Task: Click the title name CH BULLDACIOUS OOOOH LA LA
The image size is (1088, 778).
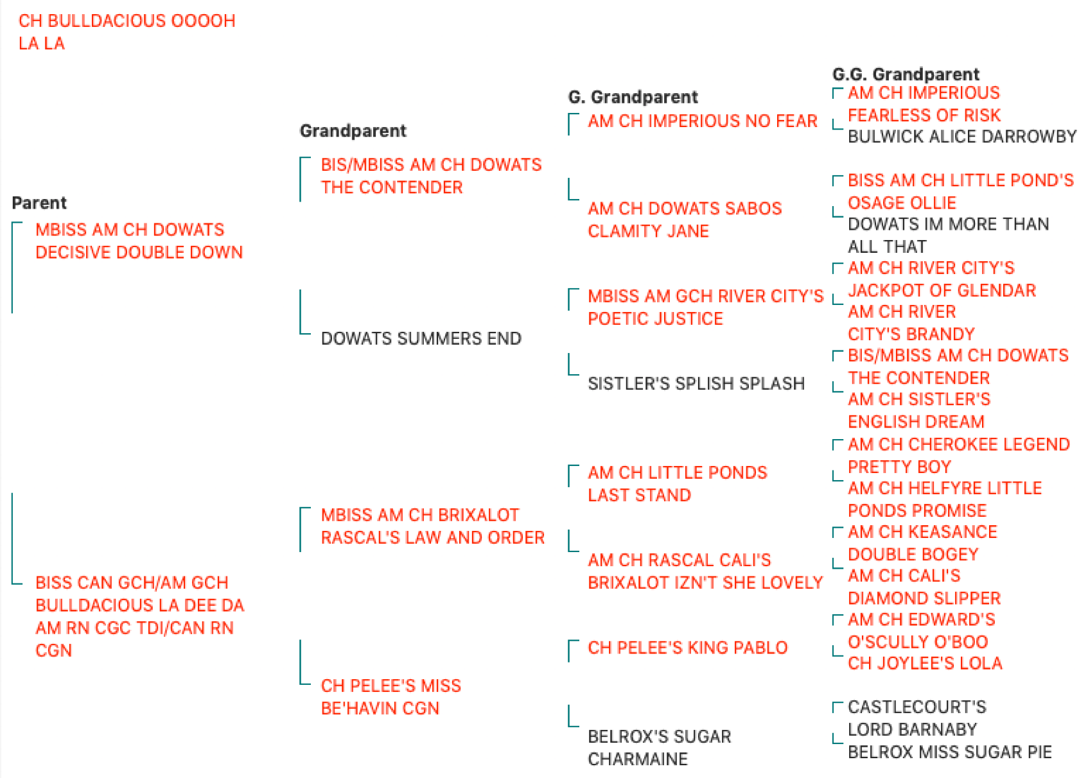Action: (127, 32)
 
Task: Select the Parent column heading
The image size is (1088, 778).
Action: (39, 203)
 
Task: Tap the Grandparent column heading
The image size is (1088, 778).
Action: (353, 130)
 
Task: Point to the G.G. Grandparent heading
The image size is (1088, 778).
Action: (906, 74)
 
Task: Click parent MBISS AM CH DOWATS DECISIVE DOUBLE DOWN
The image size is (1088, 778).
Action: (139, 241)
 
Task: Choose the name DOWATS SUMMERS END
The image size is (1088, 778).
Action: (421, 338)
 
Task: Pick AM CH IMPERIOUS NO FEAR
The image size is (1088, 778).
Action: (703, 121)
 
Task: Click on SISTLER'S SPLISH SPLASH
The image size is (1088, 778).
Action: (696, 383)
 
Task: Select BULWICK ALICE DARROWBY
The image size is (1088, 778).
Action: (962, 136)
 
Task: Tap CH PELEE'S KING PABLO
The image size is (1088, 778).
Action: (687, 648)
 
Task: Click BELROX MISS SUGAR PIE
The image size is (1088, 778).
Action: (949, 752)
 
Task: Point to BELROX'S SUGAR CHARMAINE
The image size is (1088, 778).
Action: (659, 747)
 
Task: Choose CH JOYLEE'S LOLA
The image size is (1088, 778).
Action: (925, 663)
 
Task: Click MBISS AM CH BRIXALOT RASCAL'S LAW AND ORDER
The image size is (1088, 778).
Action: (433, 526)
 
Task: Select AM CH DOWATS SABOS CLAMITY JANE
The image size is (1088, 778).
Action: (685, 220)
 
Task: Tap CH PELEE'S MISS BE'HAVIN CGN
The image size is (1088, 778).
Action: (391, 697)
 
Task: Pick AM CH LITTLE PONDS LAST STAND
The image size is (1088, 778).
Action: (678, 483)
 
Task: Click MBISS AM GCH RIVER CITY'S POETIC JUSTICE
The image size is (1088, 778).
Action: (706, 307)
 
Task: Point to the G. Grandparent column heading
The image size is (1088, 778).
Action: (633, 96)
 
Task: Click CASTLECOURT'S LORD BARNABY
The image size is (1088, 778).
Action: (917, 718)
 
